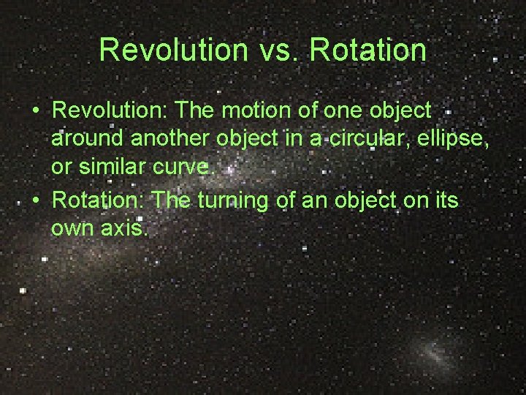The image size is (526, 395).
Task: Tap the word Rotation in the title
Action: pyautogui.click(x=368, y=50)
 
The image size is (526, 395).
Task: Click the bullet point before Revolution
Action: pyautogui.click(x=35, y=111)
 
